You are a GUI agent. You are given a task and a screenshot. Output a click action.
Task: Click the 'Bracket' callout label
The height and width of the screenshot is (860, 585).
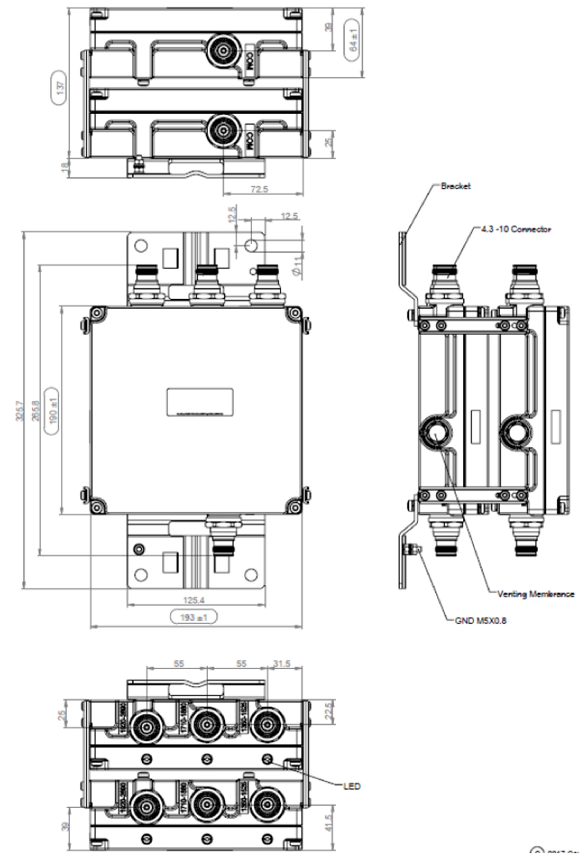(455, 186)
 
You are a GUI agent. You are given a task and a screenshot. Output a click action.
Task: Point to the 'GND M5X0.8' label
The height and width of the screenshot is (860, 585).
(480, 621)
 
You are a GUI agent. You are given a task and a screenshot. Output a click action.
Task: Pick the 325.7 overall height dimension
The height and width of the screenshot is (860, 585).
(19, 411)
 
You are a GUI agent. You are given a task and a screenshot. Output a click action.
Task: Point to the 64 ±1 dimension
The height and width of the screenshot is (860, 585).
(354, 40)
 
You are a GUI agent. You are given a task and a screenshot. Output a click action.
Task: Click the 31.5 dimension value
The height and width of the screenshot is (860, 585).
(281, 664)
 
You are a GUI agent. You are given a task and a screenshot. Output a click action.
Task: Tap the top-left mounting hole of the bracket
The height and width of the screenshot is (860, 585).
(141, 245)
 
